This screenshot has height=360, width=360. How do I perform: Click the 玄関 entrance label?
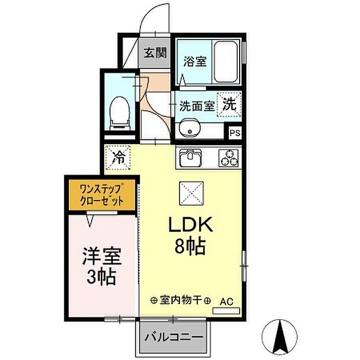pos(155,53)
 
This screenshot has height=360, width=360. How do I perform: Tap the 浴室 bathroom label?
pos(195,61)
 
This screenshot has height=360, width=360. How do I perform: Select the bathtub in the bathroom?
pos(226,62)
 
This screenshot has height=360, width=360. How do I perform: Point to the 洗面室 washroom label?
pos(197,106)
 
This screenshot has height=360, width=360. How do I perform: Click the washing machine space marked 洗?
pos(229,104)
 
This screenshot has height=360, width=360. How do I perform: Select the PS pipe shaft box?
pos(235,133)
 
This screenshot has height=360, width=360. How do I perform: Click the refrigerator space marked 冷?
pos(118,158)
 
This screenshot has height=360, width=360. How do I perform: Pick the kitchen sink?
pos(190,158)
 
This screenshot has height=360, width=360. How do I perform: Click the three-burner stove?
pos(228,158)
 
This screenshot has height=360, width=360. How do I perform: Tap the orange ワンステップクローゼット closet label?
pos(101,195)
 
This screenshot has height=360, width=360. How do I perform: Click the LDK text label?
pos(191,225)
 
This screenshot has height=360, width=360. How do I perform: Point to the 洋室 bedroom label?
pos(102,256)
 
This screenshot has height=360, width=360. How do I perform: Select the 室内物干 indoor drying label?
pos(181,300)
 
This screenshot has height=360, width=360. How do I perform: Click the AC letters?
pos(226,302)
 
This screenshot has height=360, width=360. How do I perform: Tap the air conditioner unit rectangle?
pos(226,311)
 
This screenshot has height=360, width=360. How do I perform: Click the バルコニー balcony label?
pos(174,337)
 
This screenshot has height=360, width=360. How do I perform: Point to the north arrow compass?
pos(279,336)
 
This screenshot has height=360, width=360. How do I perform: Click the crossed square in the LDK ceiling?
pos(191,193)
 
